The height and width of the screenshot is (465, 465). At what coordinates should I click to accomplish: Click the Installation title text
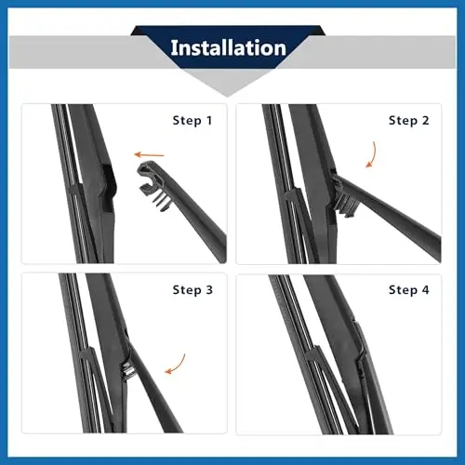click(229, 48)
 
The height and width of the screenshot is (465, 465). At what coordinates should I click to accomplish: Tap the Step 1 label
click(193, 120)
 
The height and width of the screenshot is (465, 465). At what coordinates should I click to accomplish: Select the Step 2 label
click(409, 120)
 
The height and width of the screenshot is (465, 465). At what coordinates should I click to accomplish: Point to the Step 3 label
click(193, 290)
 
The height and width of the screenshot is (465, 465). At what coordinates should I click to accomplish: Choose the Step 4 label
click(409, 290)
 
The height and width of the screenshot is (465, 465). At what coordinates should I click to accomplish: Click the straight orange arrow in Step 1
click(149, 154)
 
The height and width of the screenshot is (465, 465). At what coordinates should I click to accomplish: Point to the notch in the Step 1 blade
click(107, 188)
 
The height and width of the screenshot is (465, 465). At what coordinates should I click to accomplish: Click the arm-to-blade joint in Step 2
click(341, 193)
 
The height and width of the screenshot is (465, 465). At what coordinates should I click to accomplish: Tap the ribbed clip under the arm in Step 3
click(128, 369)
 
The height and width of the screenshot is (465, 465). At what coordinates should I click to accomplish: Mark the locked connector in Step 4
click(360, 351)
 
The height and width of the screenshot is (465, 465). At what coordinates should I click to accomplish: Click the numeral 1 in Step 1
click(209, 120)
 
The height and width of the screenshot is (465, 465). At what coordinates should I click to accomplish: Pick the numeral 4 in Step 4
click(425, 290)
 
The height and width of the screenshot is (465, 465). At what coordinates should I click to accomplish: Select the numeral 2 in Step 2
click(425, 120)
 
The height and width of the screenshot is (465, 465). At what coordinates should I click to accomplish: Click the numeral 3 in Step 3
click(209, 290)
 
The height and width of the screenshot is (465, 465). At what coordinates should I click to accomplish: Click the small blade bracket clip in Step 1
click(74, 190)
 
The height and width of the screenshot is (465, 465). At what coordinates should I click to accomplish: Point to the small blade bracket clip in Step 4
click(312, 353)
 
